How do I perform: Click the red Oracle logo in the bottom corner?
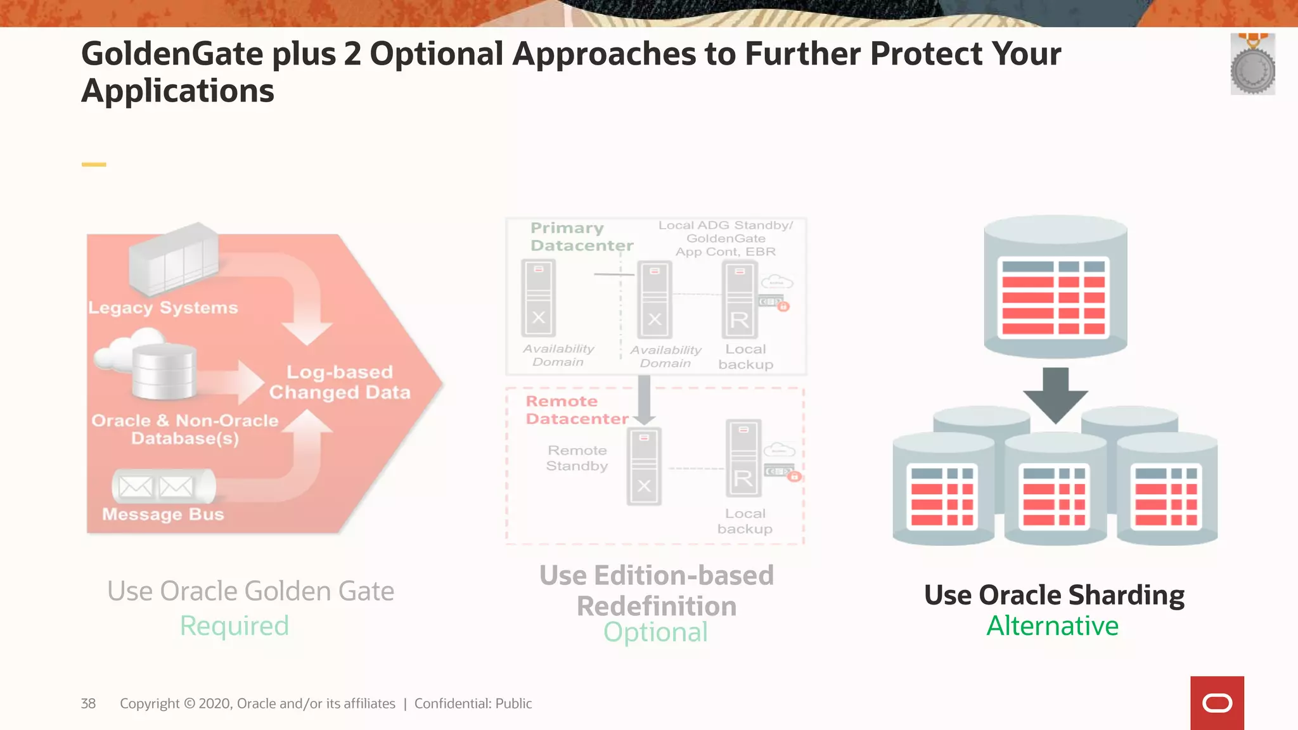pos(1217,703)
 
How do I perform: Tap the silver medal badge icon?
pos(1252,65)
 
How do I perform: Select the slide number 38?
pos(88,703)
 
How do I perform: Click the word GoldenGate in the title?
pos(172,54)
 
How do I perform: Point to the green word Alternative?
pos(1053,626)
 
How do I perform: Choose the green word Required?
pos(235,626)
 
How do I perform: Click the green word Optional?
pos(655,632)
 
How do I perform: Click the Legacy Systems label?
pos(163,308)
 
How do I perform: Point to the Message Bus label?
pos(163,514)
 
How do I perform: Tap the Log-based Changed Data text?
pos(340,382)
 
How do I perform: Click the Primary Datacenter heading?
pos(581,236)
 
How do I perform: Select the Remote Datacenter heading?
pos(577,410)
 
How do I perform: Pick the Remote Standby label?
pos(577,458)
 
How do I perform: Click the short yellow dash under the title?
pos(94,165)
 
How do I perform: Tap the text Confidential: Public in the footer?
pos(473,703)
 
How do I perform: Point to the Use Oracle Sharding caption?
pos(1054,595)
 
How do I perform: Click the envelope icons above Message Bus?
pos(156,487)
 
